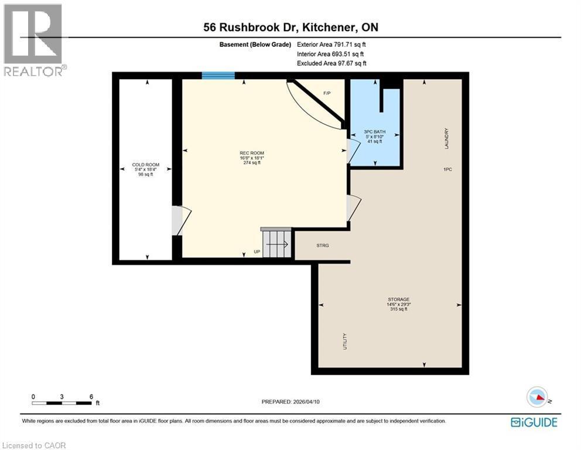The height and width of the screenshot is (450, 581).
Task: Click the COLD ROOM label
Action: [x=145, y=165]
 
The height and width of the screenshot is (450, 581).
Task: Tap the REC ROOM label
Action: [x=252, y=154]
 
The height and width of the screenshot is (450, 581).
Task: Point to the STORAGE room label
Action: [x=398, y=299]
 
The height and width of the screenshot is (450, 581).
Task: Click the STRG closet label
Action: [x=323, y=246]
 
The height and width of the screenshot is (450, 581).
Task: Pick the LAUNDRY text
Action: [x=446, y=139]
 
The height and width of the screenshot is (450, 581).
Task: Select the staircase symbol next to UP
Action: [x=276, y=243]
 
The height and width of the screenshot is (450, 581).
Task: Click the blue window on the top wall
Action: [x=218, y=75]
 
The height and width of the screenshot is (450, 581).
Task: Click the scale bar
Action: [x=62, y=403]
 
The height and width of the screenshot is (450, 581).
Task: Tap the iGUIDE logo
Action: [x=534, y=422]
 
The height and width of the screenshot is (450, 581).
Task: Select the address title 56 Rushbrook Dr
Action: [x=290, y=27]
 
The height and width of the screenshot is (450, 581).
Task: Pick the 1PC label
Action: [x=448, y=169]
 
